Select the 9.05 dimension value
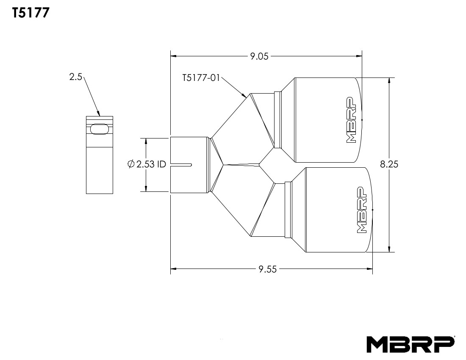coord(259,56)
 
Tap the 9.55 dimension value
coord(268,269)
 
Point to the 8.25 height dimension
coord(389,164)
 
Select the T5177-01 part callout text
coord(201,78)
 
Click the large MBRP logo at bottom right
coord(411,344)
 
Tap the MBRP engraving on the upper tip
coord(350,120)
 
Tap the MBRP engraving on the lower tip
coord(361,210)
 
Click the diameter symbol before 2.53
coord(131,164)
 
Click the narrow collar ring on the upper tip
coord(278,119)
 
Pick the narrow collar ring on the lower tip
coord(288,209)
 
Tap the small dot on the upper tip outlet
coord(362,120)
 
